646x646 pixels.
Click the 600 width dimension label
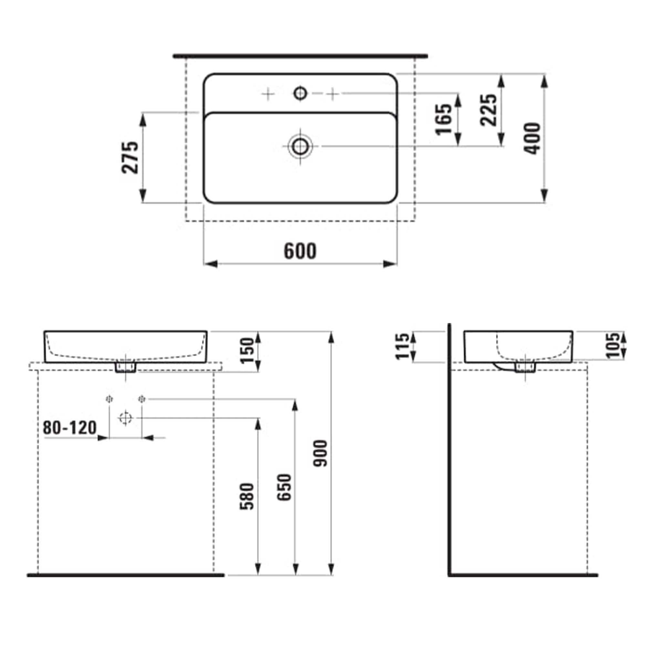(300, 251)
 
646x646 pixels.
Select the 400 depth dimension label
(532, 139)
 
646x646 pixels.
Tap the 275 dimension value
(130, 158)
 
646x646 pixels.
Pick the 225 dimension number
(488, 110)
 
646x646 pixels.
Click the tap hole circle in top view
(300, 93)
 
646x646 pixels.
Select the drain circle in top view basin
(300, 146)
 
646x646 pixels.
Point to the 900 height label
(321, 454)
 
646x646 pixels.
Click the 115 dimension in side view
(402, 346)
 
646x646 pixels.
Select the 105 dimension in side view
(614, 345)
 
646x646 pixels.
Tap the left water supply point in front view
(109, 399)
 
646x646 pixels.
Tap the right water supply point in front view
(142, 399)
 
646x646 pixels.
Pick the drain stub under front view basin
(125, 368)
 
